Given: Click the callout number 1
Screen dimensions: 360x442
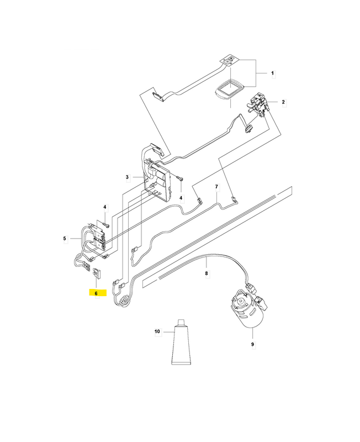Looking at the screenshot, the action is [272, 73].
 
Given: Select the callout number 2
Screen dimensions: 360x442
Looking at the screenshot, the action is [283, 102].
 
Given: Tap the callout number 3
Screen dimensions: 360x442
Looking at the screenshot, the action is [128, 177].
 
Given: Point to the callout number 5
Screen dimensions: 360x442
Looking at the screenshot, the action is [65, 239].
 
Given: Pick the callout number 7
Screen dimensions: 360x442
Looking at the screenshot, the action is [216, 187].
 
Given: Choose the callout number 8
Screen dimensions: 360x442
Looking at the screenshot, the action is [206, 273].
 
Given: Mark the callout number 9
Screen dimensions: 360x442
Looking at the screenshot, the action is [252, 344].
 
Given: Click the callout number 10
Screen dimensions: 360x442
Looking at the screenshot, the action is [157, 331].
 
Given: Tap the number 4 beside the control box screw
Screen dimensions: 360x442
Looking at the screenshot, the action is [181, 198].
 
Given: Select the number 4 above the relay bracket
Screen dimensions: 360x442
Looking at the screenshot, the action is [105, 207].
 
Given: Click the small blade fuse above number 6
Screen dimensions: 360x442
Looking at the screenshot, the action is [97, 273].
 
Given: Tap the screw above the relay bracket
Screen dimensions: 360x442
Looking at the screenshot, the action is [106, 225].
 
